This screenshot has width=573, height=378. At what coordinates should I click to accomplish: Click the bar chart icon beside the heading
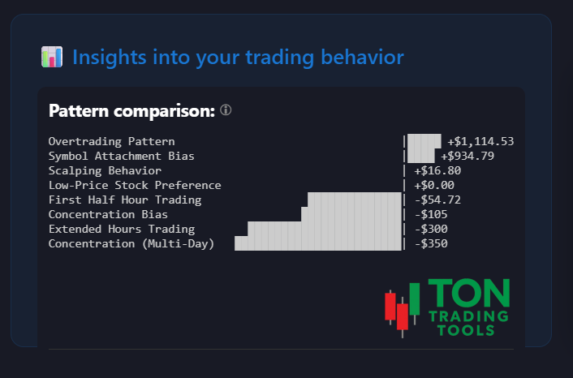(x=52, y=57)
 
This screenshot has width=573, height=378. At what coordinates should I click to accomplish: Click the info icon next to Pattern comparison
(x=226, y=110)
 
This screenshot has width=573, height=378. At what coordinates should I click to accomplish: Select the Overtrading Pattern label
(x=111, y=141)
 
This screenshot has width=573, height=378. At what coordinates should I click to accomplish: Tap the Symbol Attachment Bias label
(x=121, y=156)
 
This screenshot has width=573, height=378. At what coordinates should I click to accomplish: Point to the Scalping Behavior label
(x=105, y=170)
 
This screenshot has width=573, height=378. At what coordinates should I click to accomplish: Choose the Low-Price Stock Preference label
(x=135, y=185)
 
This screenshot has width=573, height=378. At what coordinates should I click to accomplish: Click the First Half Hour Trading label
(x=125, y=200)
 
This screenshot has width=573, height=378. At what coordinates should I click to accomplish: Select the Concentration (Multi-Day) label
(x=131, y=243)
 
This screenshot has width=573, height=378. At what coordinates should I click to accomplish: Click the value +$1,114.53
(x=480, y=141)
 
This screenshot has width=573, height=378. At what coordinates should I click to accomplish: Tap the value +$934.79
(x=467, y=156)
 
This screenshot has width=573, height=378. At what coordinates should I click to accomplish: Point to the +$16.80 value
(x=437, y=170)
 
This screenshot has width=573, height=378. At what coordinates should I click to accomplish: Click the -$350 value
(x=431, y=243)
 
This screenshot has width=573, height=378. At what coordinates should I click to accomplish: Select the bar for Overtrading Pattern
(x=424, y=141)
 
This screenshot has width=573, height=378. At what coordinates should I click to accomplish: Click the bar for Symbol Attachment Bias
(x=420, y=156)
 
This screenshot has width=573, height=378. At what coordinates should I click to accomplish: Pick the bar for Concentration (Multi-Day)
(x=319, y=243)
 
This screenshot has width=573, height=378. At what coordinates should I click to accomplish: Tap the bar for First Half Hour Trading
(x=355, y=200)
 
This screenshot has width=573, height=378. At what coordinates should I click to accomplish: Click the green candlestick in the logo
(x=415, y=299)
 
